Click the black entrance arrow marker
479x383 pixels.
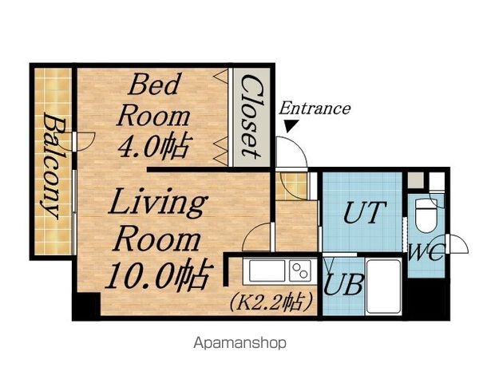tap(291, 125)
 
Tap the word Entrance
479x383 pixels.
tap(315, 109)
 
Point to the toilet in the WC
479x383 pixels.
tap(427, 215)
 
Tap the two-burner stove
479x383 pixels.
tap(300, 270)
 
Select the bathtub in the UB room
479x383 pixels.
tap(384, 286)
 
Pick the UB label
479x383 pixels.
tap(343, 285)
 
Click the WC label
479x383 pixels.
tap(426, 252)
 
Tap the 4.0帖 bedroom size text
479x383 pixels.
tap(155, 146)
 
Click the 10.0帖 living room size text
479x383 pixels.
tap(159, 274)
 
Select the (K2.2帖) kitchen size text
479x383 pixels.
tap(271, 302)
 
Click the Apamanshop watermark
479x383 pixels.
tap(239, 343)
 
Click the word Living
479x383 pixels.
tap(158, 203)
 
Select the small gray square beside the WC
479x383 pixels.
tap(416, 180)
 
